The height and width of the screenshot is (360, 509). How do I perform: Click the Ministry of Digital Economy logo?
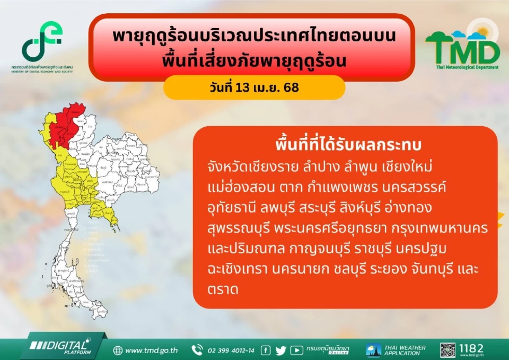pos(42,45)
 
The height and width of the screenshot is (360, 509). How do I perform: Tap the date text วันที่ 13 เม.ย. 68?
pos(254,87)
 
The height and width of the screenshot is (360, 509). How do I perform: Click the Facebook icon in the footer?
pos(266,350)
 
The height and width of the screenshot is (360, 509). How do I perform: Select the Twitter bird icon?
pos(281,350)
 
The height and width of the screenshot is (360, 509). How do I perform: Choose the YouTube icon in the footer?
pos(297,350)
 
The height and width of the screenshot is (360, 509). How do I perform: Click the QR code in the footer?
pos(447,350)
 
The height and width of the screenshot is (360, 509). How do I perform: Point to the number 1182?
pos(471,348)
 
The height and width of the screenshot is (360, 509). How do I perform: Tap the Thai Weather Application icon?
pos(373,350)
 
